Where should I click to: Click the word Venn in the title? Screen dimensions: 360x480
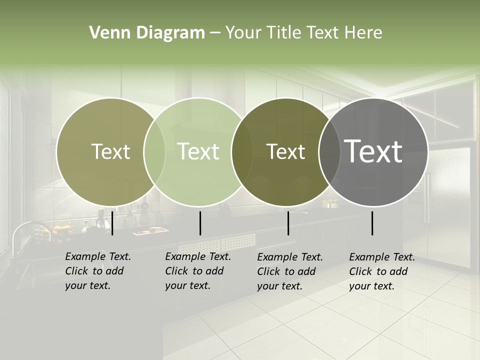pos(107,33)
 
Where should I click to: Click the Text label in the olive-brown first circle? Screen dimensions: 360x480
pos(110,151)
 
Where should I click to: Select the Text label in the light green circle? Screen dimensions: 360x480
pos(198,151)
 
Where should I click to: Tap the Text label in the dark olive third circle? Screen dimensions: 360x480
pos(285,151)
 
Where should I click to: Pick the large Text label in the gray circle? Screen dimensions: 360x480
pos(373,151)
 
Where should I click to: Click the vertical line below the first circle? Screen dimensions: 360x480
pos(112,223)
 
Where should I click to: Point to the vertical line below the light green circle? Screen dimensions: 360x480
pos(200,223)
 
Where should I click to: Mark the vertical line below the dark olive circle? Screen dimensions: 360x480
pos(288,223)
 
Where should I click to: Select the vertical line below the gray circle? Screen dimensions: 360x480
pos(372,223)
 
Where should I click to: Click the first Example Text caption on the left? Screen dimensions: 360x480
pos(97,271)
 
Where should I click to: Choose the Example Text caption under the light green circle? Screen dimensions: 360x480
pos(197,271)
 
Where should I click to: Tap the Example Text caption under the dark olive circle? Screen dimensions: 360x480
pos(289,271)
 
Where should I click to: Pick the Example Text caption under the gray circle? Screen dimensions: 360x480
pos(381,271)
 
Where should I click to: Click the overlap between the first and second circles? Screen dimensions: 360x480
pos(154,151)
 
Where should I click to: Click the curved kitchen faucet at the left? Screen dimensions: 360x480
pos(25,230)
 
